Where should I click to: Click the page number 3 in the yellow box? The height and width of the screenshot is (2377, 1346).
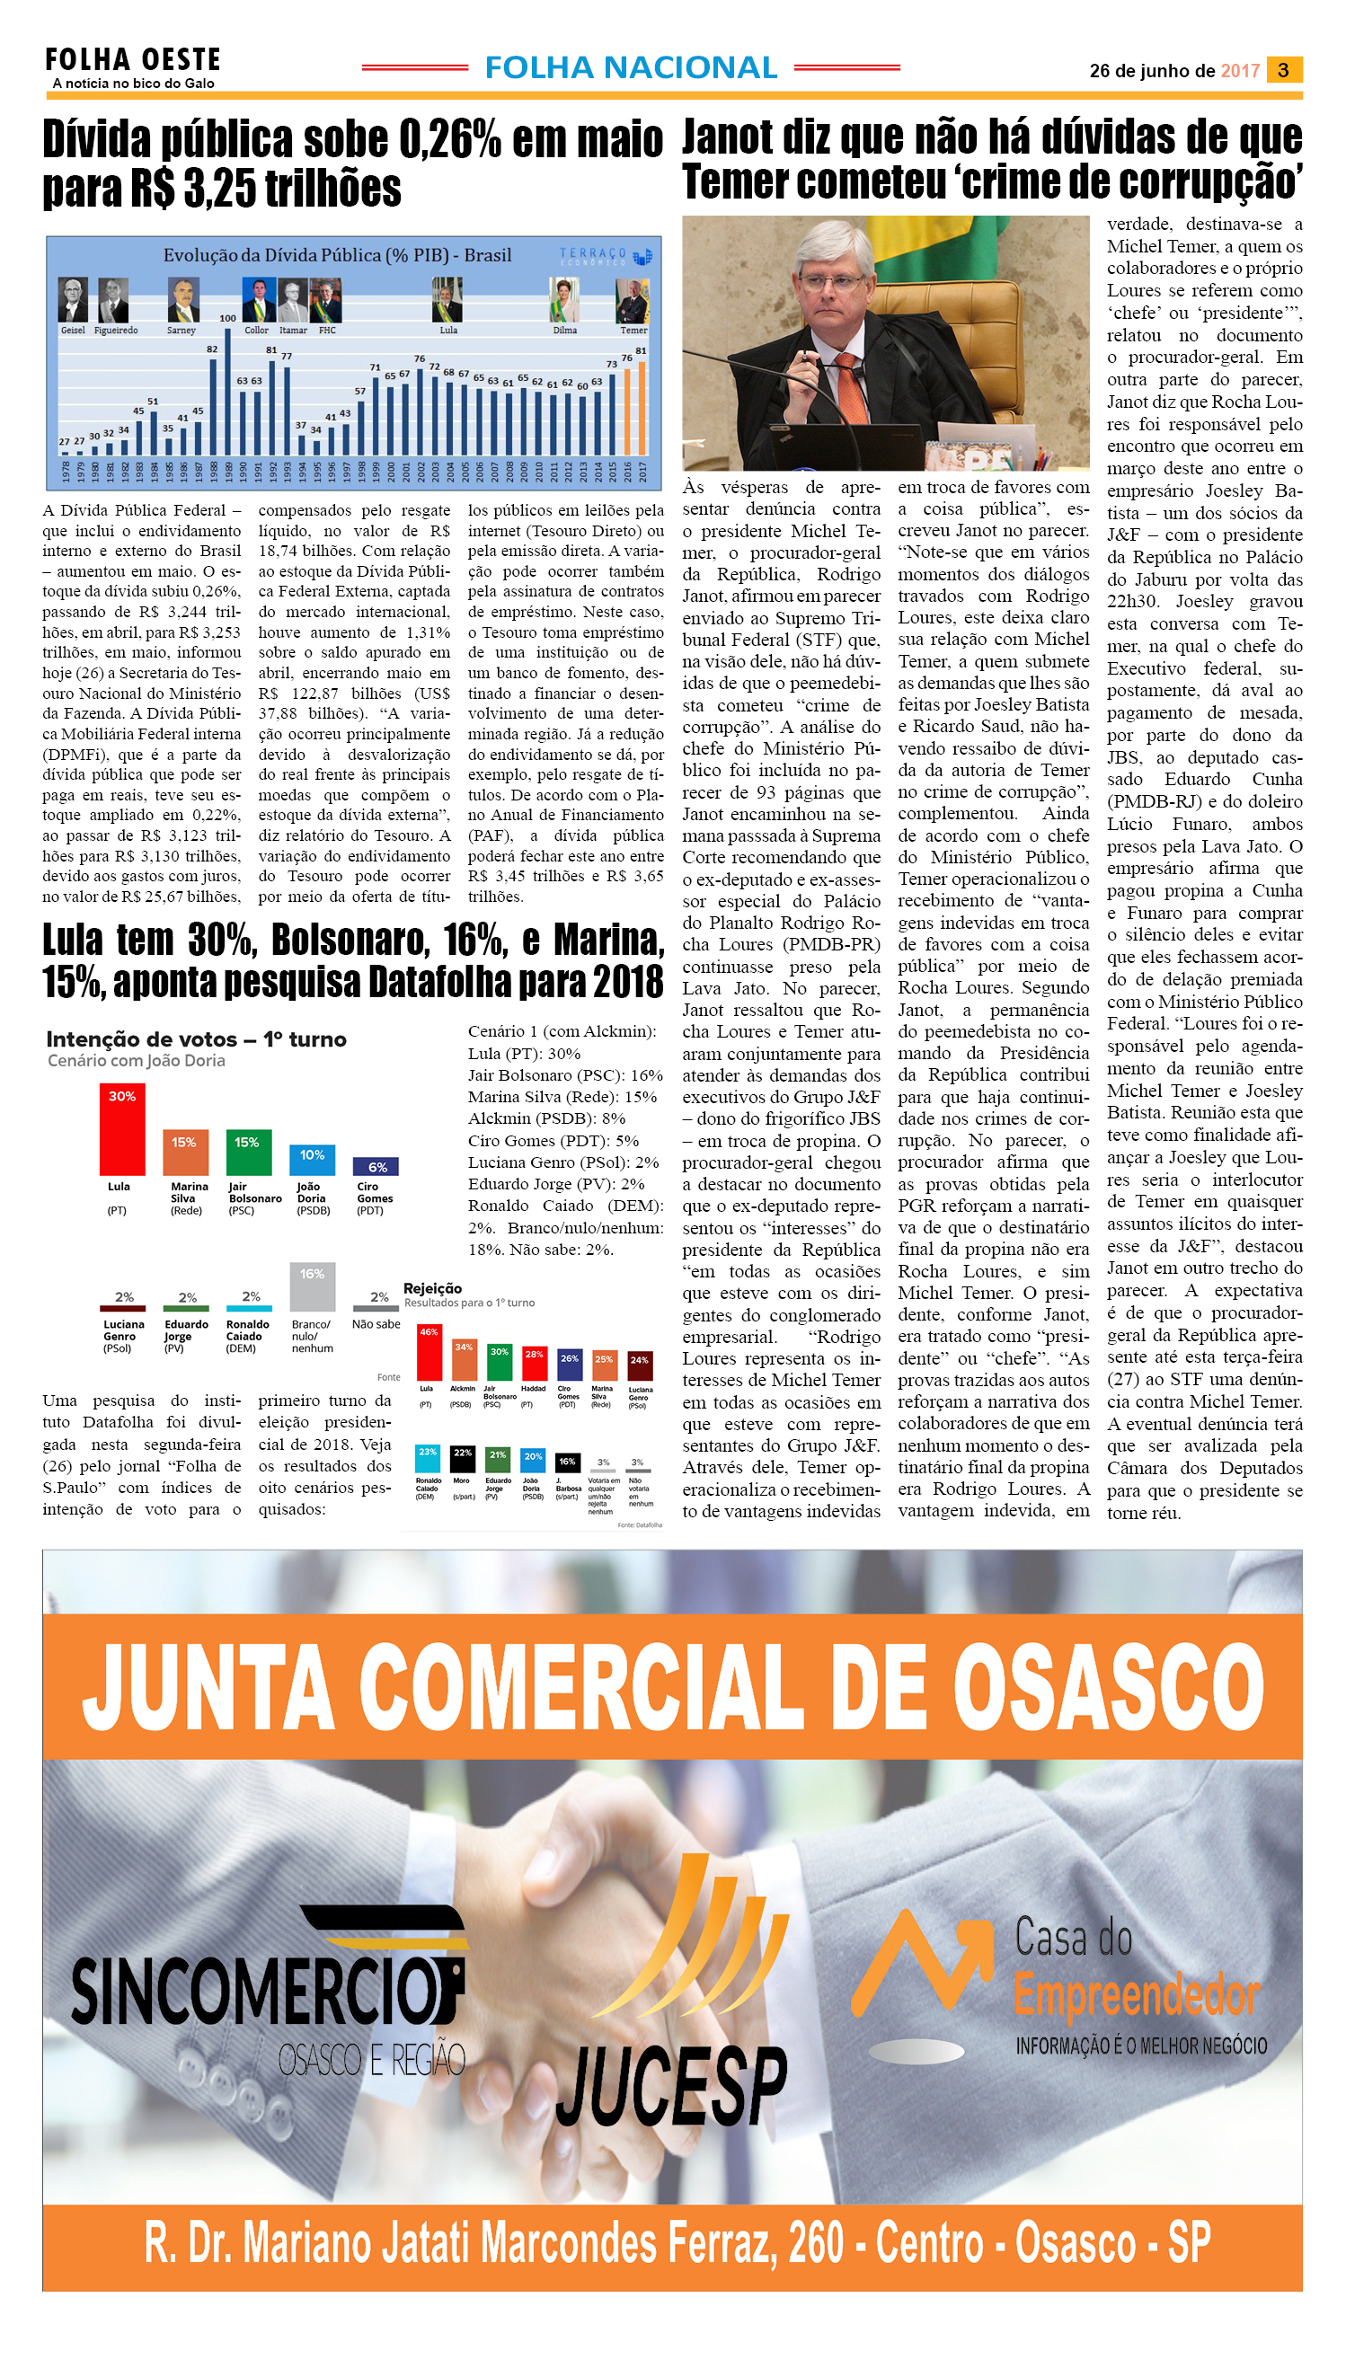click(1282, 70)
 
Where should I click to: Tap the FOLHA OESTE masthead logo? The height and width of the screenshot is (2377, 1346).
click(133, 61)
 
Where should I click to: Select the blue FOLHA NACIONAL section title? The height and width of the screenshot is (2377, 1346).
click(631, 67)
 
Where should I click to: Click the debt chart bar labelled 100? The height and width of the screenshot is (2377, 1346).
click(227, 391)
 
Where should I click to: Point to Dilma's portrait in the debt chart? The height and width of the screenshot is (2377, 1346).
click(564, 299)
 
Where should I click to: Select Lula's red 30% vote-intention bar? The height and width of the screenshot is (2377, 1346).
click(122, 1128)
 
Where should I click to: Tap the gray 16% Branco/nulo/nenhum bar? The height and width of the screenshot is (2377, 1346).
click(313, 1286)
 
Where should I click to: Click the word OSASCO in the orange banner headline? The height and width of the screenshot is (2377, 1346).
click(1108, 1687)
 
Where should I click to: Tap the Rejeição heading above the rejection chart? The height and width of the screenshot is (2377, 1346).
click(433, 1288)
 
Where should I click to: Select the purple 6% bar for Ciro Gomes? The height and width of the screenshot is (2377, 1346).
click(377, 1166)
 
